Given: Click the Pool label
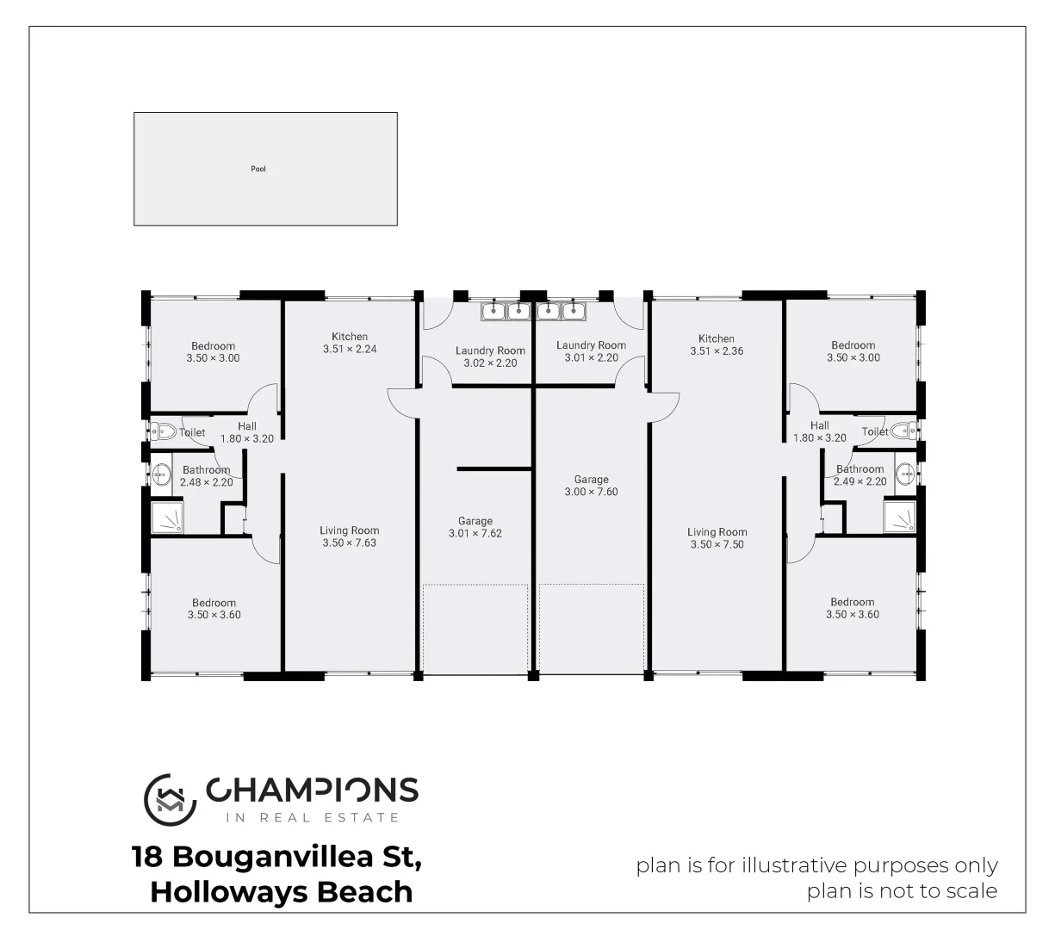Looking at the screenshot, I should [258, 169].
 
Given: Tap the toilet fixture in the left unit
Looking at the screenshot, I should [164, 431].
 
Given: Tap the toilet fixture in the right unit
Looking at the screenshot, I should [903, 431].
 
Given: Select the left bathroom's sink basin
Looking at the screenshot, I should [162, 472].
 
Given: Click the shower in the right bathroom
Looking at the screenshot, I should [899, 517].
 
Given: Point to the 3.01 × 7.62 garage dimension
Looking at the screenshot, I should [475, 533].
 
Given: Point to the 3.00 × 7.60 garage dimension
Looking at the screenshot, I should [591, 492].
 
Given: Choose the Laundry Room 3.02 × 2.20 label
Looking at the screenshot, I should [490, 356].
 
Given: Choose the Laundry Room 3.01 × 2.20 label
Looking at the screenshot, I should [591, 351].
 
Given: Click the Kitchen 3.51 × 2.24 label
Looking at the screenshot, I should [350, 343].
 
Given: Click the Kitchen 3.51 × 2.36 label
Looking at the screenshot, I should [717, 344].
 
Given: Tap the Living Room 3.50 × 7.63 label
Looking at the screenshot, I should [349, 536].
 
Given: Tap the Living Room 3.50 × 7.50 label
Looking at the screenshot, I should [717, 538].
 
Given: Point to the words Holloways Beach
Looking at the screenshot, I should [281, 891].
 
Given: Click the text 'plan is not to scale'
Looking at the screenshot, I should [902, 890].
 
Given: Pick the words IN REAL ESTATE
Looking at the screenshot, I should [312, 817].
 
